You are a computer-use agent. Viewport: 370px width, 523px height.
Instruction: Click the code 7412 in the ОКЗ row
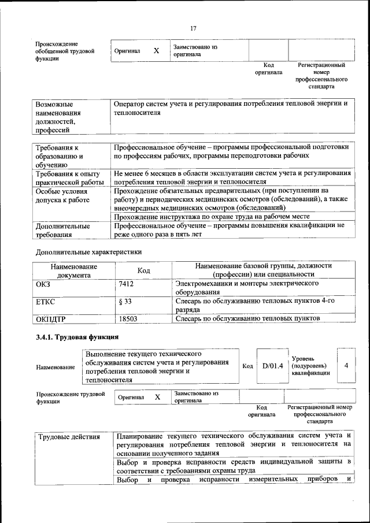[126, 284]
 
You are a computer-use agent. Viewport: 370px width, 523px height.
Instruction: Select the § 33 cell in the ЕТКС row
[125, 301]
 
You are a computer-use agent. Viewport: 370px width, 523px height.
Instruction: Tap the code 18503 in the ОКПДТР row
[128, 318]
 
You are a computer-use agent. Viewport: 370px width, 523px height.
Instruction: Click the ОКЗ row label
[43, 284]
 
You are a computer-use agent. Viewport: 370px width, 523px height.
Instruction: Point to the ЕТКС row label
[46, 301]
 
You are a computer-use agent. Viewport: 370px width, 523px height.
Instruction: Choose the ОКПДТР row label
[50, 318]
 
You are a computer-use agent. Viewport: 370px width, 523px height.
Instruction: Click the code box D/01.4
[272, 365]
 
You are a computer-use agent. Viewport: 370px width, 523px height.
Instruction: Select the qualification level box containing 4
[346, 365]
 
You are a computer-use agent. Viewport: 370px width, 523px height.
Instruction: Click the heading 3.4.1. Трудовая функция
[77, 337]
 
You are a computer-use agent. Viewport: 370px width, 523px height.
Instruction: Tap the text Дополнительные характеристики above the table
[88, 252]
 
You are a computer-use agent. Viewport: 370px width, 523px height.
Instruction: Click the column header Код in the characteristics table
[143, 270]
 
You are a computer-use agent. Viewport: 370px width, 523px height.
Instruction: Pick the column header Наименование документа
[73, 270]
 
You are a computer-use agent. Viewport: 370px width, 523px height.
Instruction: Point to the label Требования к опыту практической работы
[68, 177]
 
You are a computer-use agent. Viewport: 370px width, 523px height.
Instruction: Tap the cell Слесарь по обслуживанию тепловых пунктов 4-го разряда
[255, 305]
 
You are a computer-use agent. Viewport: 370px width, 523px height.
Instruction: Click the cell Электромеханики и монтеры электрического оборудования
[247, 288]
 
